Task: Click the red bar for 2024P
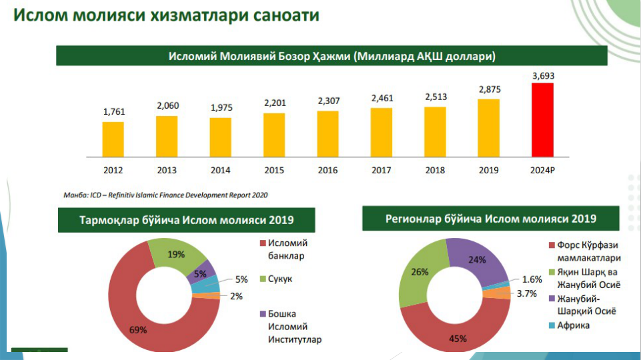pyautogui.click(x=542, y=119)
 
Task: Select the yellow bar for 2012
pyautogui.click(x=113, y=139)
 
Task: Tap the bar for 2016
pyautogui.click(x=328, y=133)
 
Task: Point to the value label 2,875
pyautogui.click(x=489, y=89)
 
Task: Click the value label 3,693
pyautogui.click(x=543, y=75)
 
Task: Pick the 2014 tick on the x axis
pyautogui.click(x=221, y=171)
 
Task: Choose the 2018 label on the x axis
pyautogui.click(x=435, y=171)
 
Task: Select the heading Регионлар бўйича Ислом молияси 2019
pyautogui.click(x=490, y=219)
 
